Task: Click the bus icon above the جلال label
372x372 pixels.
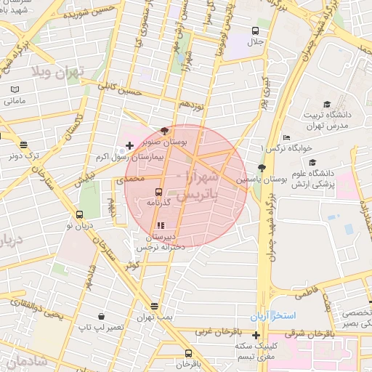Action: click(x=256, y=31)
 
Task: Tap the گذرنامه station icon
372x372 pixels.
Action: click(x=158, y=193)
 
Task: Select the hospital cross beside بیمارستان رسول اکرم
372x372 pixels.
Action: click(x=129, y=146)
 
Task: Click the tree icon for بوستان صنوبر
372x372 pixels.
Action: click(x=165, y=132)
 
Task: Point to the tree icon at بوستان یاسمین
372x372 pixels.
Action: click(x=262, y=169)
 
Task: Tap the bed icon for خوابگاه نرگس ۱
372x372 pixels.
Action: click(x=286, y=137)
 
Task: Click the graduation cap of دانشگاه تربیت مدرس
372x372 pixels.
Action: click(x=327, y=104)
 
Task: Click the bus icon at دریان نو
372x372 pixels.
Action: click(x=80, y=215)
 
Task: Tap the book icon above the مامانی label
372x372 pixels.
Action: click(x=15, y=89)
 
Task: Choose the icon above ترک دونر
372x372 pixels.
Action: click(x=25, y=145)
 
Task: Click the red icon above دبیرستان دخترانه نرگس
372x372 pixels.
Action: click(x=161, y=226)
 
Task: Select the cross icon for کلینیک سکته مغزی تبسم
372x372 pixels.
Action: click(x=256, y=335)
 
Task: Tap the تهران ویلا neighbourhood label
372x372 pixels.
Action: click(x=57, y=71)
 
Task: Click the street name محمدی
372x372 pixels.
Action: click(x=131, y=178)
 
